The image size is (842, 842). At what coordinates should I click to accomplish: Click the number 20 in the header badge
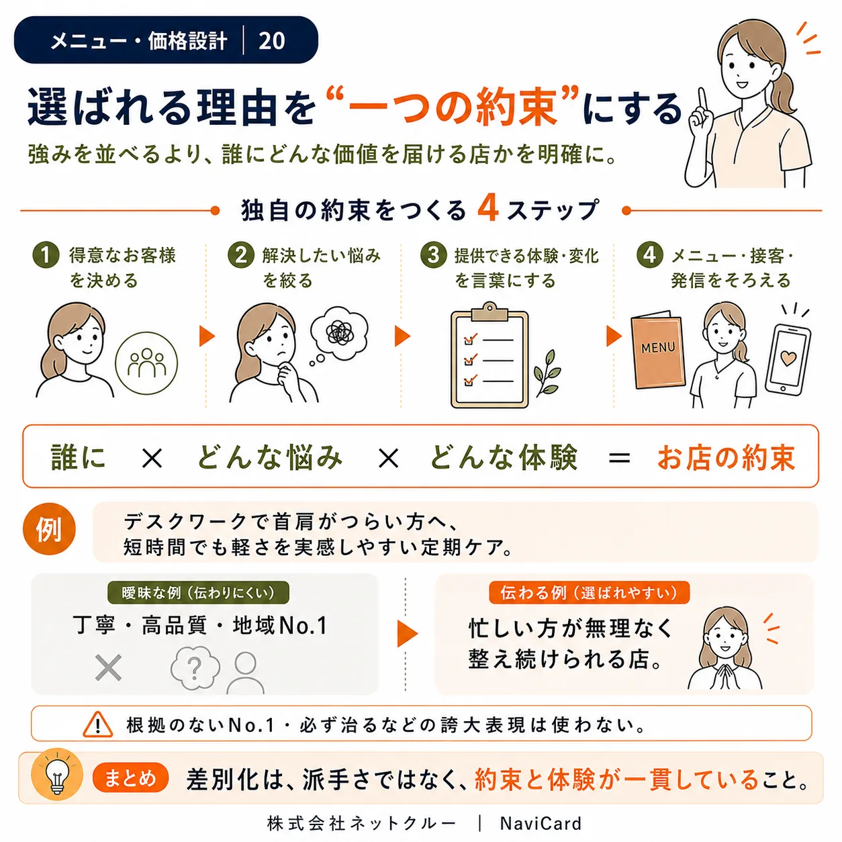(x=271, y=41)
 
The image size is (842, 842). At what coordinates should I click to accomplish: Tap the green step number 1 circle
(x=46, y=254)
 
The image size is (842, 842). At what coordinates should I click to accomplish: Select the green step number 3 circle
(x=433, y=254)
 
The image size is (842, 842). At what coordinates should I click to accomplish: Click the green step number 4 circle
(x=649, y=254)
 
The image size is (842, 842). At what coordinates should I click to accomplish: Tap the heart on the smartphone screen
(x=788, y=359)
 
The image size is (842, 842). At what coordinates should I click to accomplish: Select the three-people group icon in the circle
(x=146, y=363)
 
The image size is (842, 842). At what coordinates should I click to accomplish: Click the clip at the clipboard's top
(x=489, y=311)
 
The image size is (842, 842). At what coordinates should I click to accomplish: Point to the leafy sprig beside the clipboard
(x=547, y=373)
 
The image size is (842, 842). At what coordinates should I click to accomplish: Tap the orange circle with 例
(x=49, y=530)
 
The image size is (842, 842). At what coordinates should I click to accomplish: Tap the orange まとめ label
(x=130, y=778)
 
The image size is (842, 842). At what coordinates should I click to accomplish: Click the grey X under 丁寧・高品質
(x=108, y=667)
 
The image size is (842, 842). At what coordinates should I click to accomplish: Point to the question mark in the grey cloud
(x=195, y=667)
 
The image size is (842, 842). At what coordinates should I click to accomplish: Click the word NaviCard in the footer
(x=541, y=823)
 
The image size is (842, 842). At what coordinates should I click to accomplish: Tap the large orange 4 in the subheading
(x=488, y=208)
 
